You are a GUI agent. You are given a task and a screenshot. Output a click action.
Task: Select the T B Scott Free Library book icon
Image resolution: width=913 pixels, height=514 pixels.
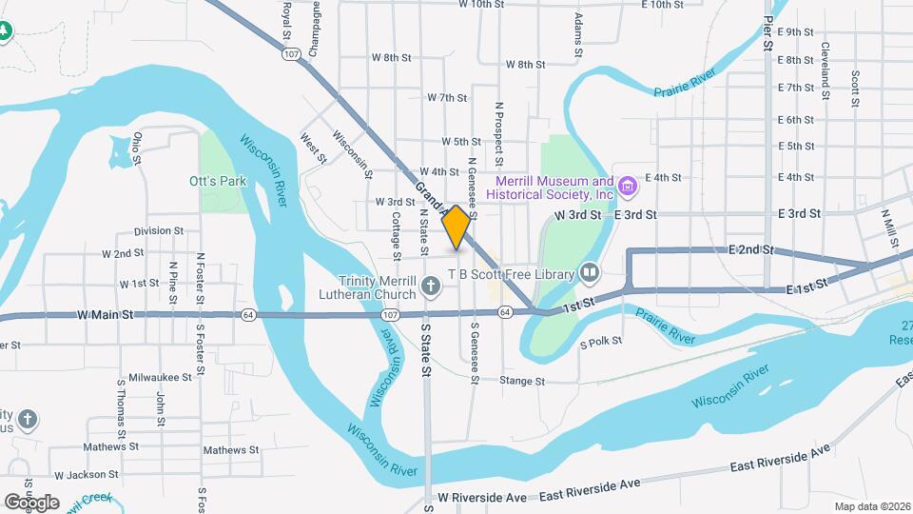pyautogui.click(x=591, y=274)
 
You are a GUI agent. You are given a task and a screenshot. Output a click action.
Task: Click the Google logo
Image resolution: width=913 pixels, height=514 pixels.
pyautogui.click(x=31, y=502)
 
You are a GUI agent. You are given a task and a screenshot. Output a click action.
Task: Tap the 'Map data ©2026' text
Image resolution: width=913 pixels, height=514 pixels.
pyautogui.click(x=871, y=506)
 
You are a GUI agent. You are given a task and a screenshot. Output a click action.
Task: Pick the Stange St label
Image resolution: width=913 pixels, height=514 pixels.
pyautogui.click(x=523, y=381)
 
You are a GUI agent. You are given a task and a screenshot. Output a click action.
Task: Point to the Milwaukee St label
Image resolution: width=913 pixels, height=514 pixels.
pyautogui.click(x=161, y=377)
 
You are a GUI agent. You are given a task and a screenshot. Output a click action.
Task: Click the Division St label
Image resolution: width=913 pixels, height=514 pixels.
pyautogui.click(x=159, y=230)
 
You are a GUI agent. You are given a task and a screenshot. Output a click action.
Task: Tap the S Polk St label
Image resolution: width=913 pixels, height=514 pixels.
pyautogui.click(x=601, y=340)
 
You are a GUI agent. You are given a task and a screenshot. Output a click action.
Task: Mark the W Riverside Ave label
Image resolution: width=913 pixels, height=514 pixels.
pyautogui.click(x=482, y=498)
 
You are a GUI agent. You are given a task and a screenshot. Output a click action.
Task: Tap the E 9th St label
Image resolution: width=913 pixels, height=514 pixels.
pyautogui.click(x=795, y=31)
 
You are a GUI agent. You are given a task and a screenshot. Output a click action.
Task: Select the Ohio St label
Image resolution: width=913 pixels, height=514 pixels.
pyautogui.click(x=138, y=148)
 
